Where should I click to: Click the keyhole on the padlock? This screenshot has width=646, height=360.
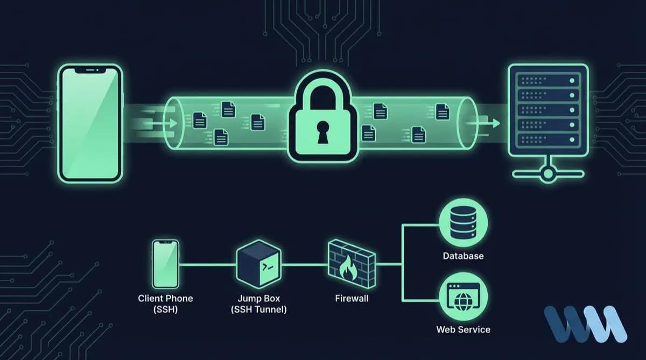323,132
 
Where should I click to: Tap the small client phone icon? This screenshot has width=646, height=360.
165,265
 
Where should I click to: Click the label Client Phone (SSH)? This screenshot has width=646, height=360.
165,303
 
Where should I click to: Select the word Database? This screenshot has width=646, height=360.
463,256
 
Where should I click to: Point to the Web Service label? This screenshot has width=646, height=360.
463,329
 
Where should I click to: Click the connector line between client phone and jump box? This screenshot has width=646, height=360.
207,265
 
